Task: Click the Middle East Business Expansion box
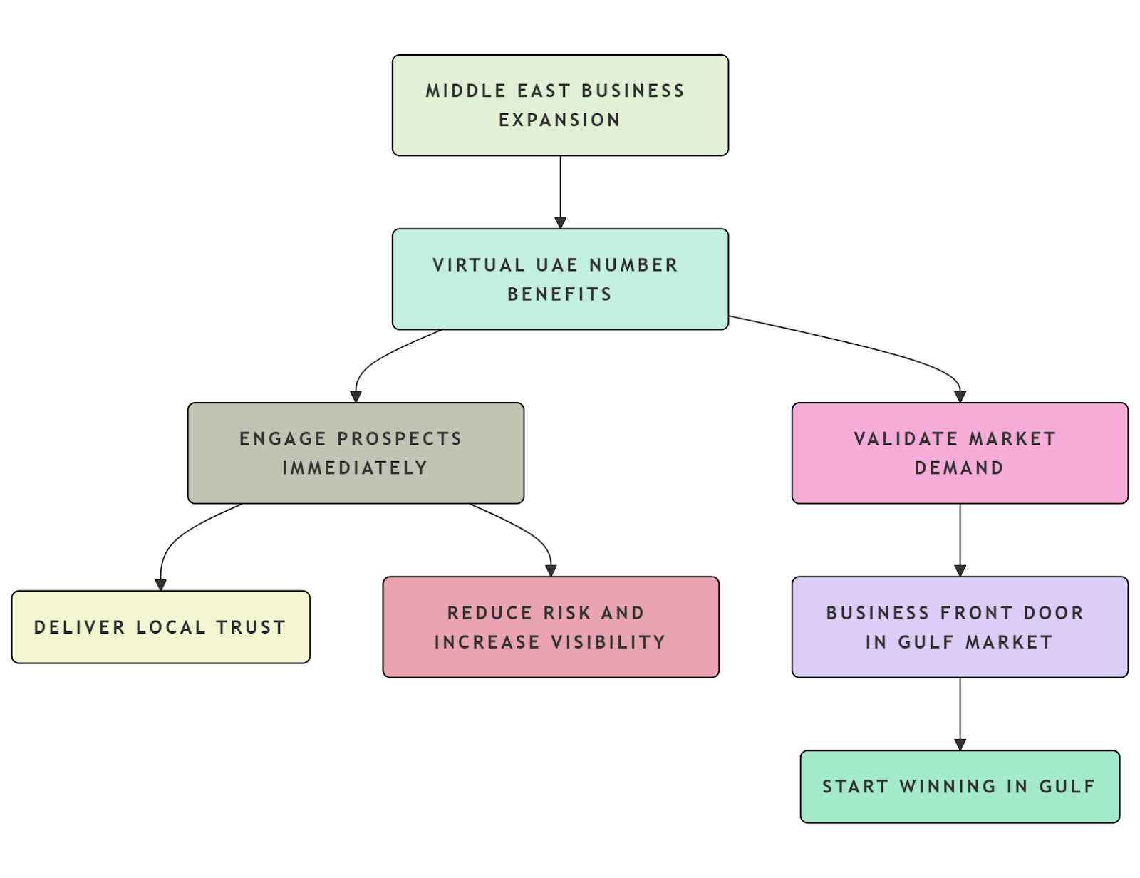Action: coord(560,105)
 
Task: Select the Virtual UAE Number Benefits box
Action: coord(560,279)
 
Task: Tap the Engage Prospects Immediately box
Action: coord(356,453)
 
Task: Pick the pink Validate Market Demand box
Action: coord(960,453)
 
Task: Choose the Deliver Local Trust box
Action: coord(160,627)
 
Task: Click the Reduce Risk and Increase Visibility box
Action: coord(551,627)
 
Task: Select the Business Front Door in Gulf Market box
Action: coord(960,627)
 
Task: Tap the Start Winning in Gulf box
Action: coord(960,787)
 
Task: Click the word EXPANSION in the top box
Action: coord(559,120)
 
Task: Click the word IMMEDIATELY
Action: coord(355,468)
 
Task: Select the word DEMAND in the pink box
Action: coord(959,468)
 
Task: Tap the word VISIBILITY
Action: coord(608,642)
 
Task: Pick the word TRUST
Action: coord(251,627)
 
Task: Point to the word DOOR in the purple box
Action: coord(1053,613)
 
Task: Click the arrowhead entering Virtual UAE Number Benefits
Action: coord(560,223)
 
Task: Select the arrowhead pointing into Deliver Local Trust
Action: coord(160,585)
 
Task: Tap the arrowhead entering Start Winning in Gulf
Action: coord(960,745)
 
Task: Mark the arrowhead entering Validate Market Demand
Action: coord(960,397)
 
